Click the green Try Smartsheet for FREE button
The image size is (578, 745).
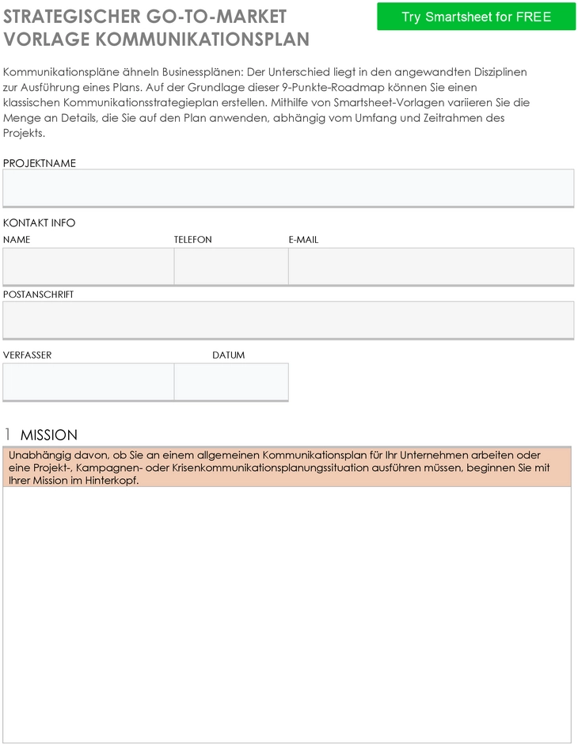coord(476,17)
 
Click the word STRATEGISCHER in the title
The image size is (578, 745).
coord(71,17)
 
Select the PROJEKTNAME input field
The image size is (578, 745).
coord(288,188)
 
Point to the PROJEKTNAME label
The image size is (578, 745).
coord(40,163)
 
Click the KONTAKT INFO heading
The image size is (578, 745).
coord(40,222)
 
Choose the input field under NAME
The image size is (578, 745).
coord(88,266)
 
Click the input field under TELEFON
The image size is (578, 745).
coord(230,266)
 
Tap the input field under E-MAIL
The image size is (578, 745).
coord(431,266)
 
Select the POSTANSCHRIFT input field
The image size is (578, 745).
coord(288,320)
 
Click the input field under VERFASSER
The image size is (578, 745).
coord(88,382)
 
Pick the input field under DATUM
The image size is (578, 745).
coord(230,382)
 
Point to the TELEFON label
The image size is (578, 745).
coord(193,239)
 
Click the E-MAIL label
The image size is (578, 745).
coord(303,239)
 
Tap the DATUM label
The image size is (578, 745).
coord(228,355)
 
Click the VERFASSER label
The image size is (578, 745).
coord(28,355)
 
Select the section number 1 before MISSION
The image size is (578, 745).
coord(8,435)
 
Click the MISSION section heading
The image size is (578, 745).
coord(49,435)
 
